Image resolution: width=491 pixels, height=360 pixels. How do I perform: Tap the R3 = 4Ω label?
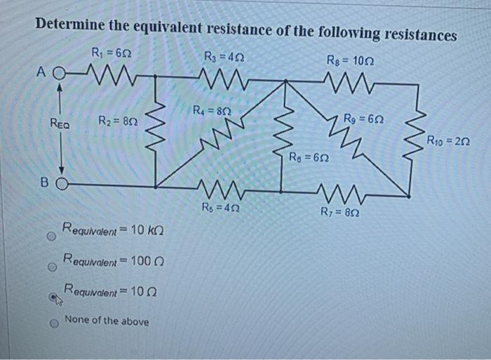click(x=223, y=56)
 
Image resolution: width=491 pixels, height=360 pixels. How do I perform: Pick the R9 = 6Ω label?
click(x=363, y=117)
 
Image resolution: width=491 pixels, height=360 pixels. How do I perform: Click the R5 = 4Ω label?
click(x=219, y=207)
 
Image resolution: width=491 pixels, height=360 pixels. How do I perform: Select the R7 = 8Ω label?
click(x=337, y=212)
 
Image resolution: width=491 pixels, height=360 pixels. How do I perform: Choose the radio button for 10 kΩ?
click(x=51, y=236)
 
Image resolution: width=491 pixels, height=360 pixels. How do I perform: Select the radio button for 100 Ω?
click(x=51, y=267)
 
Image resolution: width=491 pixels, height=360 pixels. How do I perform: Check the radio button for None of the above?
click(x=51, y=324)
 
